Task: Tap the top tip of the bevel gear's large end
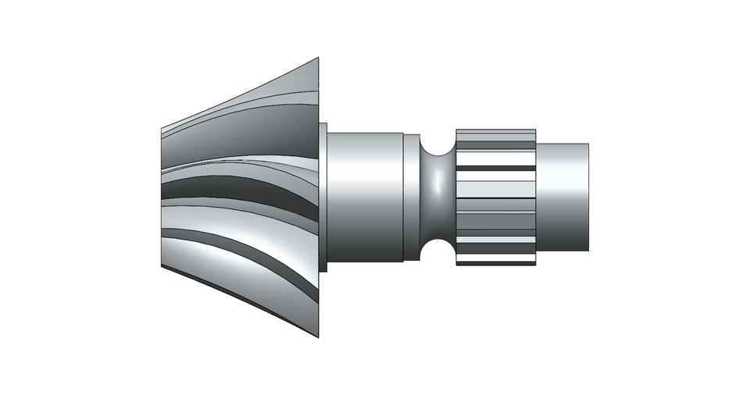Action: tap(319, 59)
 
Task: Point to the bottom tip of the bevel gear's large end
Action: tap(319, 336)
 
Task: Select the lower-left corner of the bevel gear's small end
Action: tap(161, 266)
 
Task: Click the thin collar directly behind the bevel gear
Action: tap(323, 197)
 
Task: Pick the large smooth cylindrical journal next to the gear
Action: tap(364, 197)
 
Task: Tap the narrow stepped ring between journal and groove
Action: tap(411, 197)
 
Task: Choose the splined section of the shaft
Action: tap(495, 197)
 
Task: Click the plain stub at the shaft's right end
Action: tap(562, 197)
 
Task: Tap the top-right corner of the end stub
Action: tap(588, 144)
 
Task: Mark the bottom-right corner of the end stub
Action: tap(588, 251)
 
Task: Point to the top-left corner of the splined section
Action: tap(456, 130)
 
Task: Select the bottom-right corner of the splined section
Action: tap(535, 265)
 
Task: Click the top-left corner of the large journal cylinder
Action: tap(327, 133)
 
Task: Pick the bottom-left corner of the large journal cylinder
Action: tap(327, 262)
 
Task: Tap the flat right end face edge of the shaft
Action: tap(588, 197)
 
